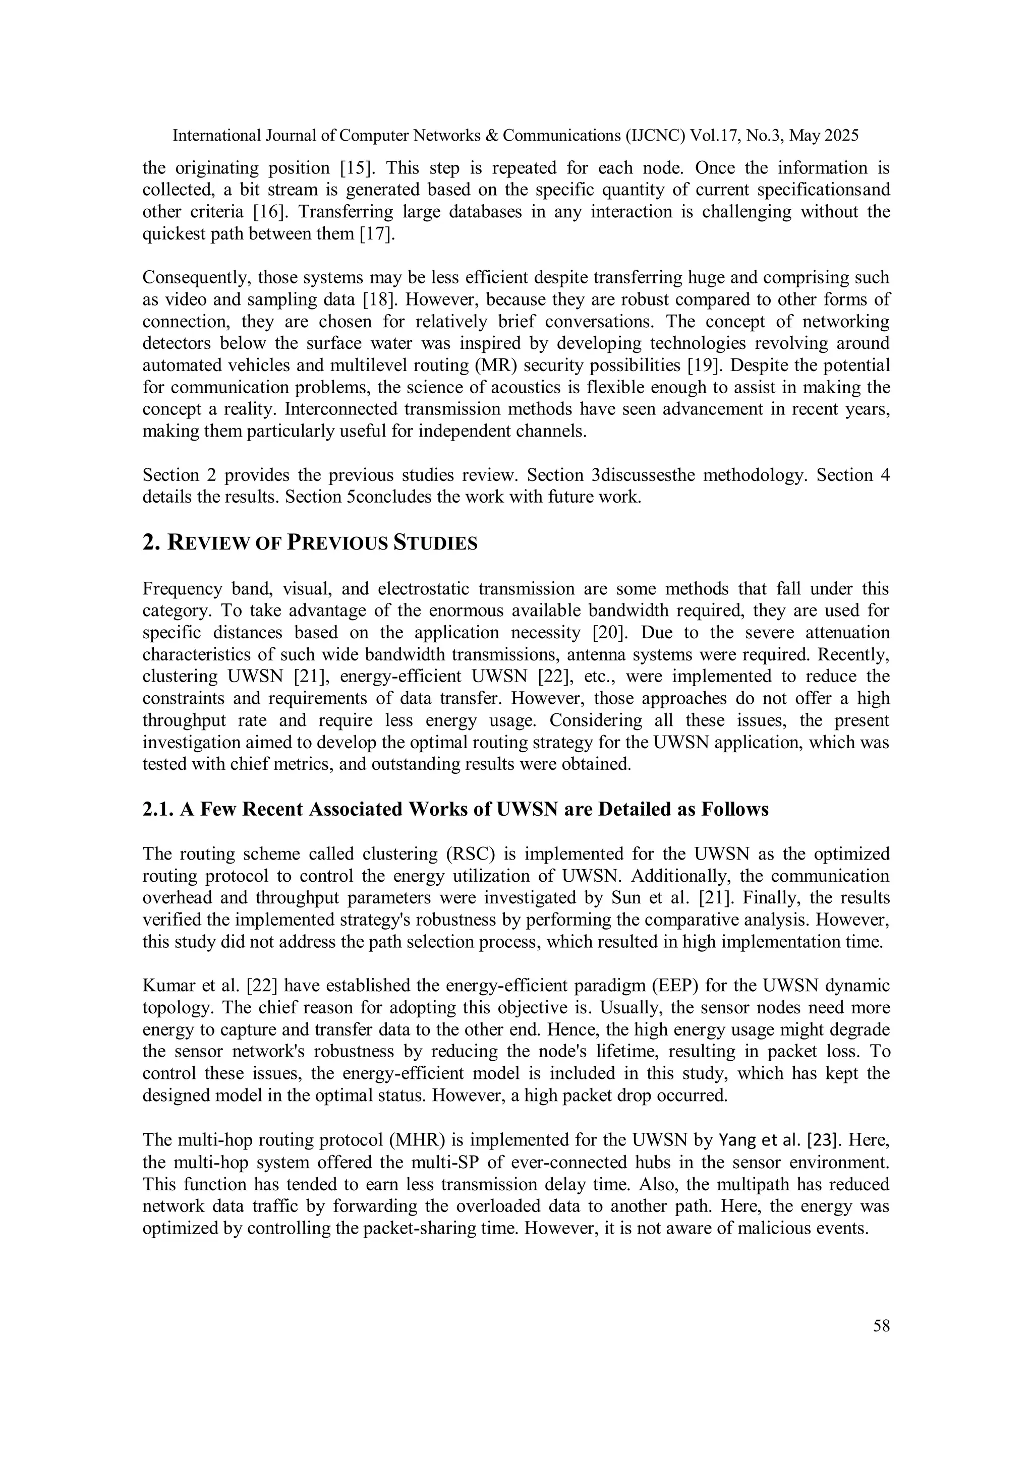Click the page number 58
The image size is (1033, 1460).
tap(881, 1326)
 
